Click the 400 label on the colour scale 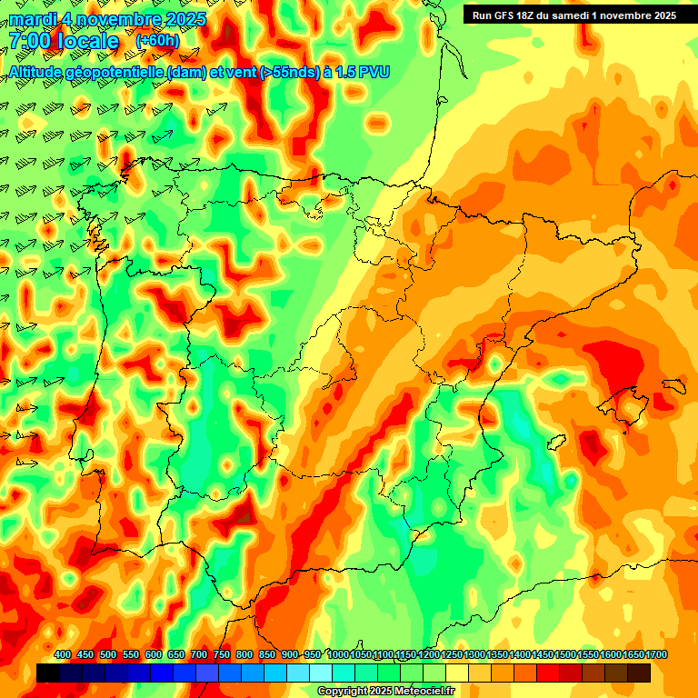[63, 655]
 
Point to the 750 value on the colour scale [222, 655]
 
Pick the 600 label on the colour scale [154, 655]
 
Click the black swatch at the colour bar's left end [48, 673]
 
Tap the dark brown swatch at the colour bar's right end [639, 673]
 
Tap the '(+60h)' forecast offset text [157, 41]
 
